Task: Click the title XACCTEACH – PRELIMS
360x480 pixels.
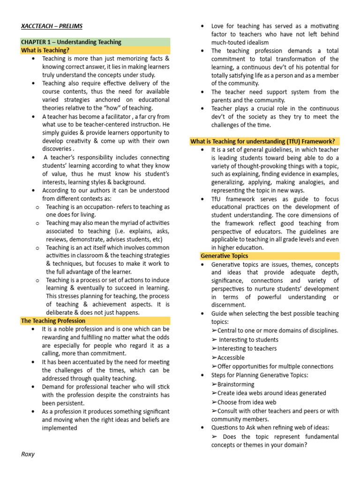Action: (52, 26)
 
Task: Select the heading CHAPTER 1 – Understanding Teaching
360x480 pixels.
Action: (71, 42)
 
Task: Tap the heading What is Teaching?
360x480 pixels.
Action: (45, 50)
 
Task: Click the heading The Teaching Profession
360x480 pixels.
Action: (53, 321)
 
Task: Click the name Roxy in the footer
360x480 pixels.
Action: (29, 454)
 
